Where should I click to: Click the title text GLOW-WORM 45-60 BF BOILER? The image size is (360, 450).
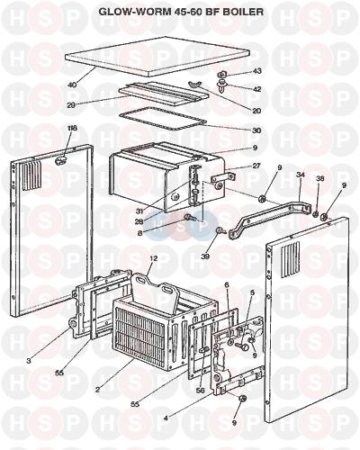coord(181,12)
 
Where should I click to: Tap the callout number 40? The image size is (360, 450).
coord(72,85)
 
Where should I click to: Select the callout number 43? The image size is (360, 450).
coord(256,71)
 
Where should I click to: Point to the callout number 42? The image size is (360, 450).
coord(256,89)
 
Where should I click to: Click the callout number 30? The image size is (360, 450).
coord(256,130)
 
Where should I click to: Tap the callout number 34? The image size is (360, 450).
coord(301,175)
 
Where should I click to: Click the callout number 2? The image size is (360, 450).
coord(97,390)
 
